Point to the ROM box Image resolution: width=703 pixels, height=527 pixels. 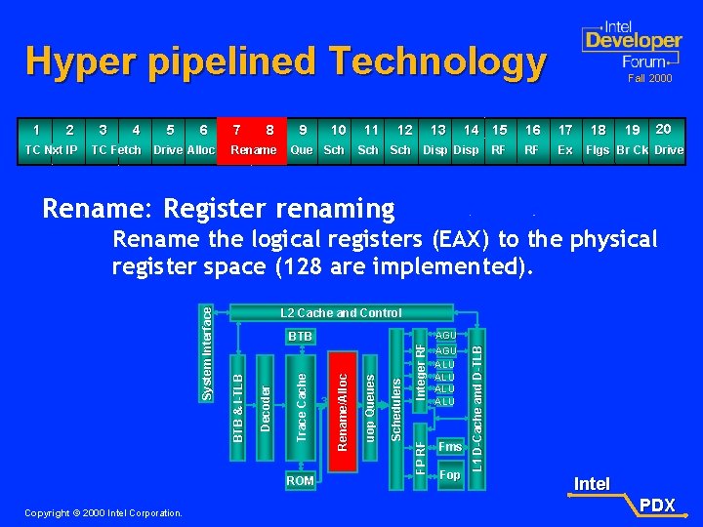coord(300,480)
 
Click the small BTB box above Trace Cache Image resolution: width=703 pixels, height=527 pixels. coord(300,337)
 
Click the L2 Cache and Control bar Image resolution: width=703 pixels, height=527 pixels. coord(341,313)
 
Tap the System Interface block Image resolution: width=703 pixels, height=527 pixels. coord(206,350)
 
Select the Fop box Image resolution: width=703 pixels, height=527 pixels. coord(449,475)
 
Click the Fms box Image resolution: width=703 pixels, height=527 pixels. coord(449,447)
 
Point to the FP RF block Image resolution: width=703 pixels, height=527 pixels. coord(420,459)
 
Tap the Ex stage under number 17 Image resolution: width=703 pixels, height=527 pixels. coord(565,150)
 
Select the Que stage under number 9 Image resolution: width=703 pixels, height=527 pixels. coord(303,150)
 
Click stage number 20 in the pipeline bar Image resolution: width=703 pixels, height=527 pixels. coord(664,129)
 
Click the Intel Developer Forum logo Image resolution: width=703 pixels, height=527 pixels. coord(631,44)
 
